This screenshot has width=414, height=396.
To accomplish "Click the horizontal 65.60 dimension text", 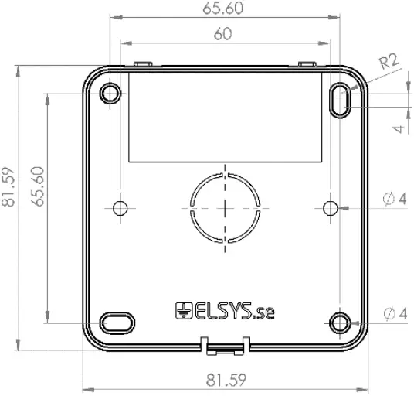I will (x=224, y=9).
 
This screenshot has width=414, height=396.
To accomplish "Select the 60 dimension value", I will (x=223, y=34).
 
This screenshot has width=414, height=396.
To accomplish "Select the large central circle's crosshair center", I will (x=224, y=208).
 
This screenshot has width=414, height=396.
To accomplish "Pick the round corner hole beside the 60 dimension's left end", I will (x=110, y=94).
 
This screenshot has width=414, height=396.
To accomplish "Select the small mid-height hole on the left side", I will (x=120, y=208).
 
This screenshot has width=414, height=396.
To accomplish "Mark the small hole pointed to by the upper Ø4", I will (x=330, y=207).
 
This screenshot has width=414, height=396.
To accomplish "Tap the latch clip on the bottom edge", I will (x=225, y=345).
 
